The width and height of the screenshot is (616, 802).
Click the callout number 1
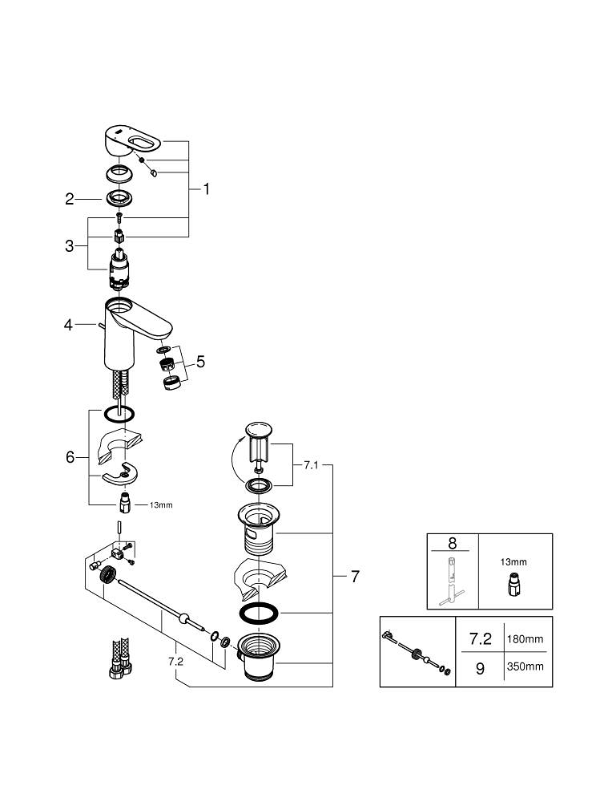pos(206,189)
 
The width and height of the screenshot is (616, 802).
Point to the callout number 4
pos(69,325)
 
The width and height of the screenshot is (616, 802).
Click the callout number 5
pos(200,362)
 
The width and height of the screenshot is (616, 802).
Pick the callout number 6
pos(70,457)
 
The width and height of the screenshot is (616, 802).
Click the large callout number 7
pos(355,576)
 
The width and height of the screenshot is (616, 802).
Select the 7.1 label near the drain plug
pos(312,464)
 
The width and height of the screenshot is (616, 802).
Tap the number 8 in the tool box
pos(453,544)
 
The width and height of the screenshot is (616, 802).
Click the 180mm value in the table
pos(526,639)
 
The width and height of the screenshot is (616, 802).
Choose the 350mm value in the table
pos(526,666)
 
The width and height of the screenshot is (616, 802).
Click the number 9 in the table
pos(480,667)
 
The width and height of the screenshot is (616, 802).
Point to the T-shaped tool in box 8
pos(453,581)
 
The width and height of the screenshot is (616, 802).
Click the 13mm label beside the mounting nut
pos(160,505)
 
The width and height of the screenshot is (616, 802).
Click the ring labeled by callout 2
pos(119,198)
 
